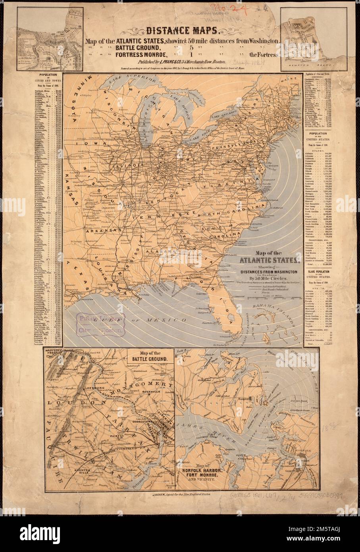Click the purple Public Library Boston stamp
98,324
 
